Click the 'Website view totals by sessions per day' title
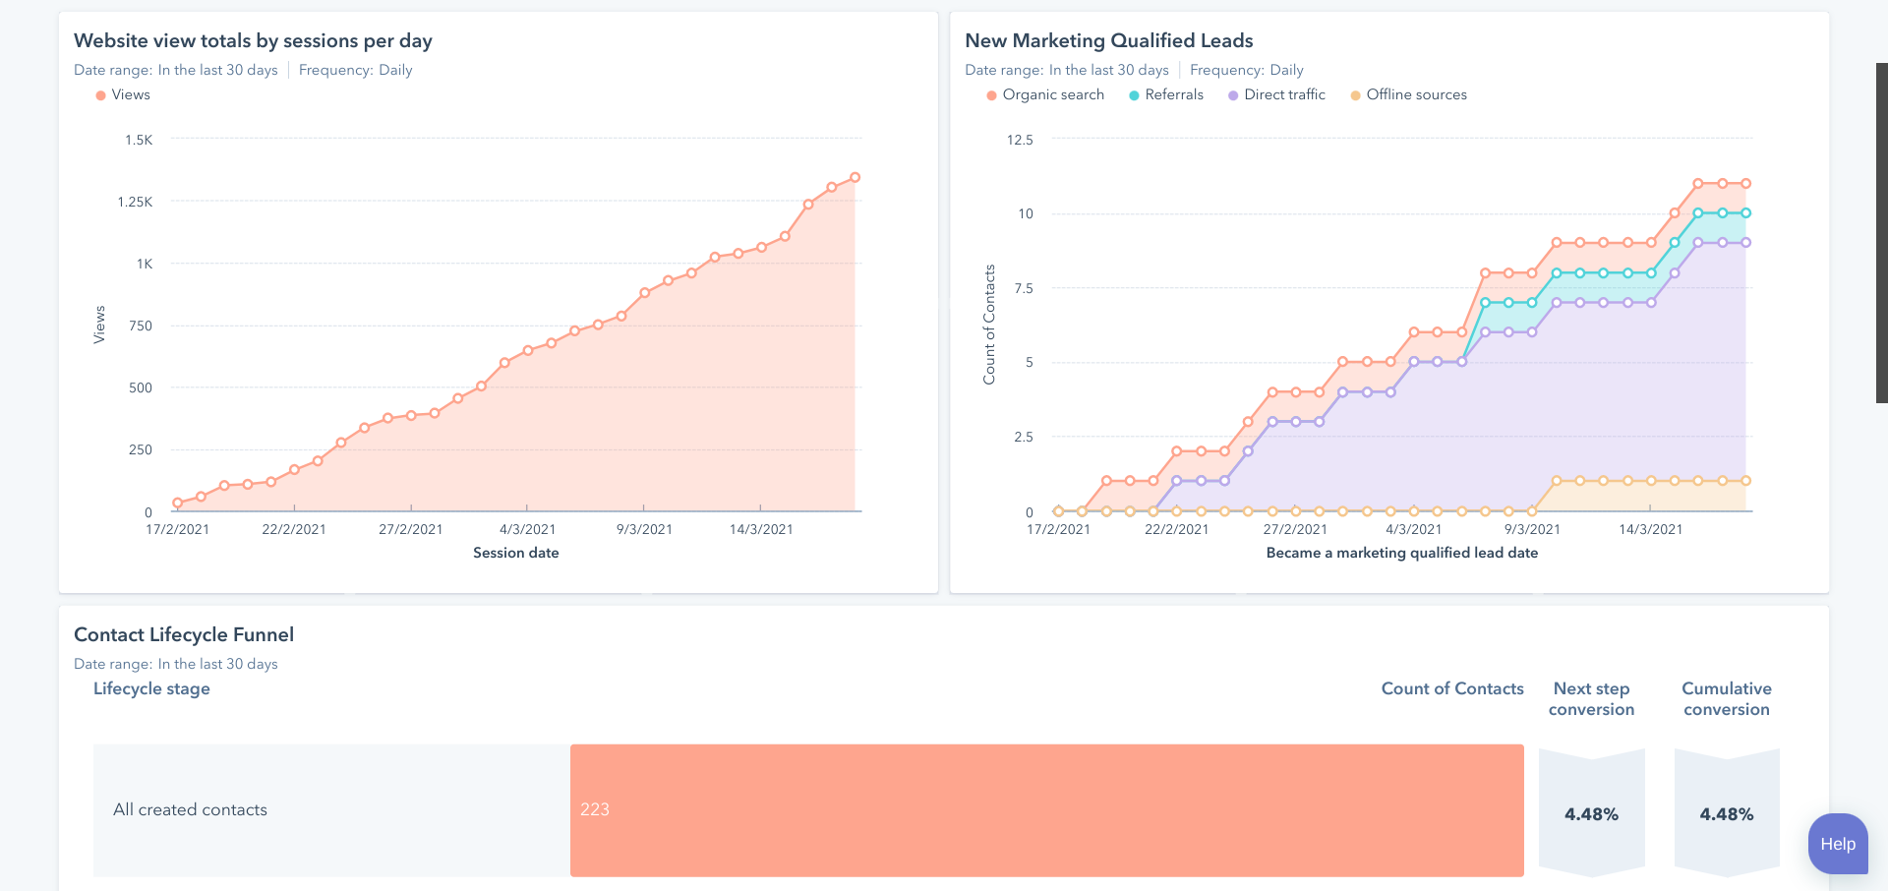(x=253, y=41)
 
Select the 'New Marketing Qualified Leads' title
(x=1108, y=41)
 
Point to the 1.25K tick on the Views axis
(x=136, y=203)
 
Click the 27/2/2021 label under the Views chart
(x=410, y=529)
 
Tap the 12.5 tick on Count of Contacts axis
(x=1020, y=141)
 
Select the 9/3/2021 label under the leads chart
(x=1532, y=529)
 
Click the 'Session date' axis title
(x=515, y=553)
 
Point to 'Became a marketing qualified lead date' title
(x=1401, y=553)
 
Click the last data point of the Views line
(x=855, y=178)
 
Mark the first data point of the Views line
(x=177, y=503)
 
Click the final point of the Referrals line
(x=1745, y=212)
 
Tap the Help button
(x=1837, y=844)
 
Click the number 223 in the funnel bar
(x=595, y=809)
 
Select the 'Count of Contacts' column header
(x=1451, y=688)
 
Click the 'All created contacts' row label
(x=190, y=809)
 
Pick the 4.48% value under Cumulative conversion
(x=1726, y=814)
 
